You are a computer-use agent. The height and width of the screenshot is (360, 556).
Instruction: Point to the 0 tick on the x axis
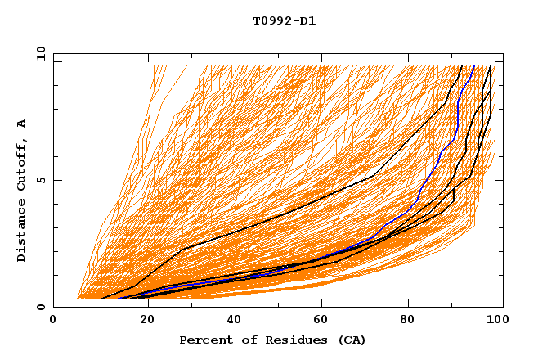click(x=54, y=321)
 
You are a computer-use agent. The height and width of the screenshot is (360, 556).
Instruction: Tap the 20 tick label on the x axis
click(x=143, y=321)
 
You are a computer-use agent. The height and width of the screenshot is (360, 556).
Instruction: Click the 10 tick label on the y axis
click(x=40, y=54)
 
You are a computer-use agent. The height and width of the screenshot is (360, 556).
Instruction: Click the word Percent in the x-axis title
click(x=203, y=340)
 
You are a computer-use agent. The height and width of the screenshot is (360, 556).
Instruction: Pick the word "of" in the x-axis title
click(x=240, y=340)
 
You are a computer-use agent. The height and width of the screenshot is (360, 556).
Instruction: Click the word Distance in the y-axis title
click(x=21, y=228)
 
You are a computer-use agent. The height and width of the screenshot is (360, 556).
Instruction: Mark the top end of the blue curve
click(x=473, y=66)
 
